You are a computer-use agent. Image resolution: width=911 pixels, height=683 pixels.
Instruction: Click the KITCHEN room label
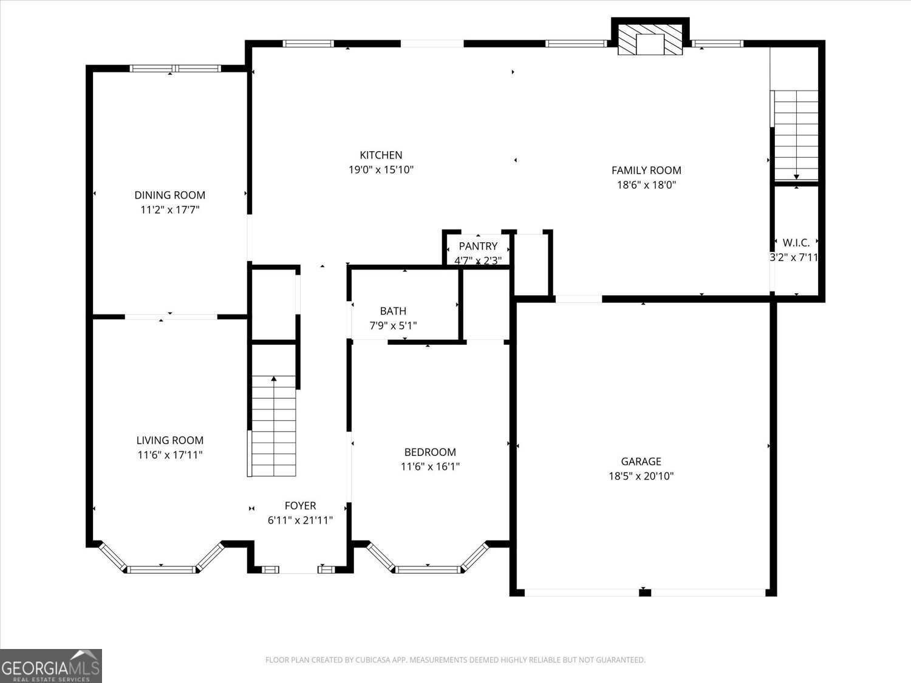click(381, 155)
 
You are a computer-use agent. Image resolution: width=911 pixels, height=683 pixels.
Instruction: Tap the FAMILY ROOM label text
click(646, 171)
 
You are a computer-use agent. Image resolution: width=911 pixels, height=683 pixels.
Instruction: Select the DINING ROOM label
click(169, 195)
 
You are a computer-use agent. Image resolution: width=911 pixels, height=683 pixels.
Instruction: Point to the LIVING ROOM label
click(169, 440)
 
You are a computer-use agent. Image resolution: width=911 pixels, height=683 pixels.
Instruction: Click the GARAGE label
click(641, 461)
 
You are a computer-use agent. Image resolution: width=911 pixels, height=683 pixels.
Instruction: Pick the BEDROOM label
click(430, 452)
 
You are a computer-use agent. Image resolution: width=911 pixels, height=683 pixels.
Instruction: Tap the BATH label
click(393, 311)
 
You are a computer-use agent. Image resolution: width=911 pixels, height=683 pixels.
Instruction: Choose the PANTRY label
click(478, 246)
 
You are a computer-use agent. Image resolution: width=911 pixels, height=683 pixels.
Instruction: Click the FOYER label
click(300, 506)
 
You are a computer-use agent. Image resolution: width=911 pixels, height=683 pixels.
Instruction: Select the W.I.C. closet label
click(796, 242)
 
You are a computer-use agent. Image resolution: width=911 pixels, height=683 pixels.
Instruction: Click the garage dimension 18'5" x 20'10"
click(641, 477)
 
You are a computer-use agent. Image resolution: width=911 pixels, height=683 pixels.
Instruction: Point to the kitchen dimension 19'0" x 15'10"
click(381, 170)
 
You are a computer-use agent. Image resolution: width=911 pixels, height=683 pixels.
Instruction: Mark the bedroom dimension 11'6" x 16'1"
click(430, 467)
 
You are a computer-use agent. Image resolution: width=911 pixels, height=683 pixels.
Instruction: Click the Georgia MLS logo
click(50, 666)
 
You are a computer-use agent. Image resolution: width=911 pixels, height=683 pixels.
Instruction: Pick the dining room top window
click(176, 69)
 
